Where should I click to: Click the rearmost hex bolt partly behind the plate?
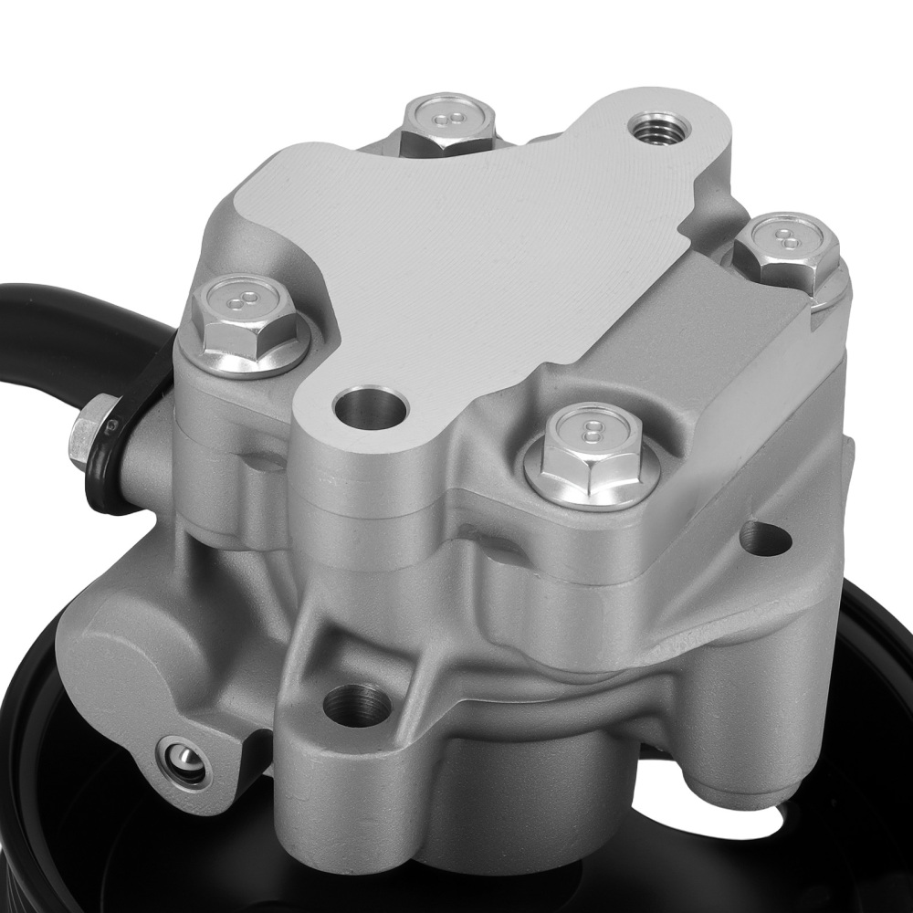pyautogui.click(x=447, y=123)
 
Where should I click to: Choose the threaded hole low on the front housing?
pyautogui.click(x=357, y=704)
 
